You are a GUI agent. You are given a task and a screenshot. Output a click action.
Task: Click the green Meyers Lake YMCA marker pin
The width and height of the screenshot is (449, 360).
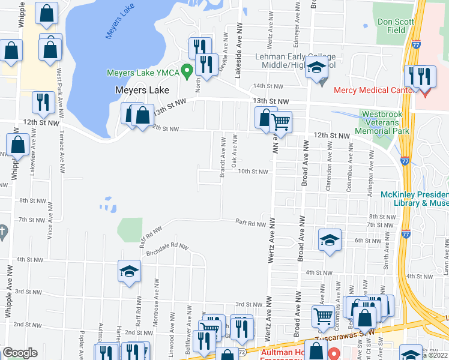point(187,72)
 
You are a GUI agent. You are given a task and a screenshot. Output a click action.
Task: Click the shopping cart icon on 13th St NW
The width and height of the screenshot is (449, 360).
point(280,122)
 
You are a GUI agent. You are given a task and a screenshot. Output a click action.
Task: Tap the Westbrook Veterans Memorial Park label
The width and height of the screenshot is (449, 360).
point(385,122)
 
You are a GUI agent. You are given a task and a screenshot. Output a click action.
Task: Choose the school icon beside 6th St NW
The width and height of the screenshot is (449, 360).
point(329,241)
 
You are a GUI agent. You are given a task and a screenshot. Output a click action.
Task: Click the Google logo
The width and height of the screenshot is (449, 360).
point(20,353)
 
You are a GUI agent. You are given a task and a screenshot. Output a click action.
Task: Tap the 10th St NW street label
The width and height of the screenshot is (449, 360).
point(252,171)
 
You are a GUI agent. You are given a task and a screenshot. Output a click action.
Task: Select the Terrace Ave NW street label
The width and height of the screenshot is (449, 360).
point(62,150)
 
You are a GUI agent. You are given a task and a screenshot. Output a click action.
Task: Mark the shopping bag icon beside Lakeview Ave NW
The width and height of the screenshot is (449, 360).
point(18,144)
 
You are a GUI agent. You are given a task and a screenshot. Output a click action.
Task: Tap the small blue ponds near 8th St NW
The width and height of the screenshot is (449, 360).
point(108,205)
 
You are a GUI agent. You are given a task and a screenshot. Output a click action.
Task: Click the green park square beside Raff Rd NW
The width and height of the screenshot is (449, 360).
point(130,229)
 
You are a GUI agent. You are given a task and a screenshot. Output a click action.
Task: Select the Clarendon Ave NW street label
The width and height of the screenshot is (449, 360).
point(328,175)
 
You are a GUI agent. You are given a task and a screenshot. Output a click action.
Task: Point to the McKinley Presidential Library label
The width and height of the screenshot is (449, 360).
point(414,199)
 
